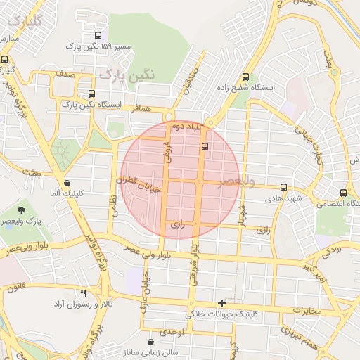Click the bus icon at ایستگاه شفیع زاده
click(x=245, y=77)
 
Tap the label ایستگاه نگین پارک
click(x=91, y=105)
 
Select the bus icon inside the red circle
click(x=205, y=146)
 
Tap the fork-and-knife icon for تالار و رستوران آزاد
click(x=84, y=292)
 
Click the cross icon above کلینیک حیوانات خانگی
click(x=222, y=302)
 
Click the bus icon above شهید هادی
click(x=283, y=187)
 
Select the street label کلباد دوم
click(x=186, y=127)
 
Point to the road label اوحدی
click(x=172, y=331)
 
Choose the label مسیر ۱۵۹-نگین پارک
click(x=98, y=46)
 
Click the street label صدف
click(x=65, y=73)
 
